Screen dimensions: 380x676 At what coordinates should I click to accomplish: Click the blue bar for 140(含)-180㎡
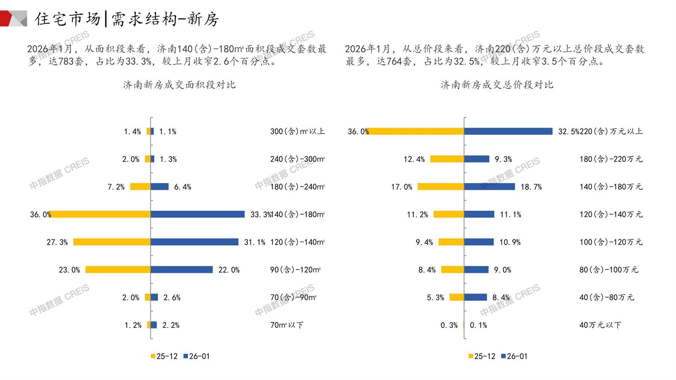pos(197,214)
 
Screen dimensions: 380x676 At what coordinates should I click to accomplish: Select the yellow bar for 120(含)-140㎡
pos(112,242)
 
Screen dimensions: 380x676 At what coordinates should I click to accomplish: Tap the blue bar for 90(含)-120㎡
pos(181,270)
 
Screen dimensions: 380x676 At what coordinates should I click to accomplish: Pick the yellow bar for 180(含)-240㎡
pos(140,187)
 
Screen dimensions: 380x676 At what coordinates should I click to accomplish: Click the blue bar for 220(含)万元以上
pos(508,131)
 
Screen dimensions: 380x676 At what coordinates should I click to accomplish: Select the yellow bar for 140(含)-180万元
pos(441,187)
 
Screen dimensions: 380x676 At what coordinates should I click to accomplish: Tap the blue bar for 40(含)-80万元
pos(475,297)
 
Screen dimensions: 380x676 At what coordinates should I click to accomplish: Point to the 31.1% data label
pos(255,242)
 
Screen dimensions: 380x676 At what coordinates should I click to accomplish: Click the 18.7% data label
pos(531,187)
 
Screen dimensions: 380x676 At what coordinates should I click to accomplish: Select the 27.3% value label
pos(57,242)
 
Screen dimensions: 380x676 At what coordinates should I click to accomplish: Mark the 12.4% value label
pos(414,160)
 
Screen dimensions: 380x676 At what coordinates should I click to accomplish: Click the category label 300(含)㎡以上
pos(297,131)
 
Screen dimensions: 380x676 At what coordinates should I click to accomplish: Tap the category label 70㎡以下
pos(287,325)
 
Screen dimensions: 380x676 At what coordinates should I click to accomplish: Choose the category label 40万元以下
pos(600,325)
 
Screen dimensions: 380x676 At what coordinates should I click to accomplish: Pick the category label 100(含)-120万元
pos(611,242)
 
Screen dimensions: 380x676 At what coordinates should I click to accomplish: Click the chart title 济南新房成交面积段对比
pos(179,85)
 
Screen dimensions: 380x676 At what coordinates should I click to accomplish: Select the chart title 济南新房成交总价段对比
pos(497,85)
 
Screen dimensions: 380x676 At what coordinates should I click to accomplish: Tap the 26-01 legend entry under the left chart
pos(196,356)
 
